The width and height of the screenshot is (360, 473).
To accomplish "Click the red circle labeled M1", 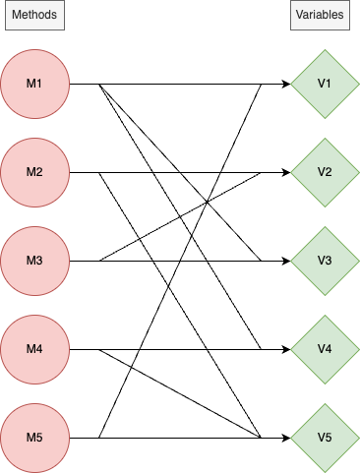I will coord(34,84).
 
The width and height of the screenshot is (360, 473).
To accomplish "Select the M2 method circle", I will coord(34,172).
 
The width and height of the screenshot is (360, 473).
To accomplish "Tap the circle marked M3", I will coord(34,261).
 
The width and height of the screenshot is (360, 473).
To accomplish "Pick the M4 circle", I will coord(34,349).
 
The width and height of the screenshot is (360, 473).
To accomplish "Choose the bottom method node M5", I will coord(34,438).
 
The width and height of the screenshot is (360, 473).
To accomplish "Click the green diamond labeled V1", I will coord(324,84).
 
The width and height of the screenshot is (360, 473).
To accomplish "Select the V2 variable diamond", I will coord(324,172).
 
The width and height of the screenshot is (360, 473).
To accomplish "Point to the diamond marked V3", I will coord(324,261).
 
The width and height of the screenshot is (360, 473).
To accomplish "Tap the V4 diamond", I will coord(324,349).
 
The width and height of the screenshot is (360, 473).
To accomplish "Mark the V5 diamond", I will coord(324,438).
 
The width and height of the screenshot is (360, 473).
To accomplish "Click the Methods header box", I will coord(34,17).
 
